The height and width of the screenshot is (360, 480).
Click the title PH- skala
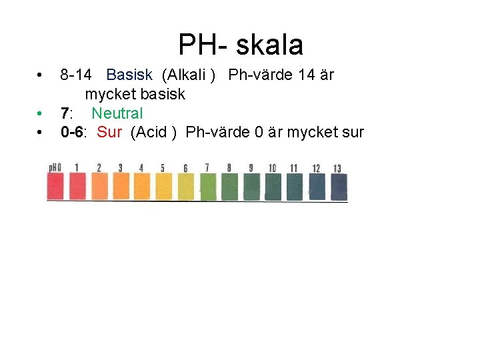point(240,45)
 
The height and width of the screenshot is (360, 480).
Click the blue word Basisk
point(129,75)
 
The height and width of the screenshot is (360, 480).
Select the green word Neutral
point(117,113)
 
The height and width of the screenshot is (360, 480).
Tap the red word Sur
point(109,132)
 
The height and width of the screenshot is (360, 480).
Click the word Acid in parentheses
point(153,132)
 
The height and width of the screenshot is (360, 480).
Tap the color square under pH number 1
point(77,187)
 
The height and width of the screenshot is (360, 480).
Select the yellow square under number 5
point(164,187)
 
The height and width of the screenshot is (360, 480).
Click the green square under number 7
point(208,187)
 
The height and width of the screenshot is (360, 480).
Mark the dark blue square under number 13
point(338,187)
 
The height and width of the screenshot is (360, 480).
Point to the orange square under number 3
point(121,187)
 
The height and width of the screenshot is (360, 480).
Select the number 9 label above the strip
point(251,167)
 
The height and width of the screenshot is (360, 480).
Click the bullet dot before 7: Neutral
point(41,113)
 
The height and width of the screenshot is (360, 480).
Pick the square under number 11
point(295,187)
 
